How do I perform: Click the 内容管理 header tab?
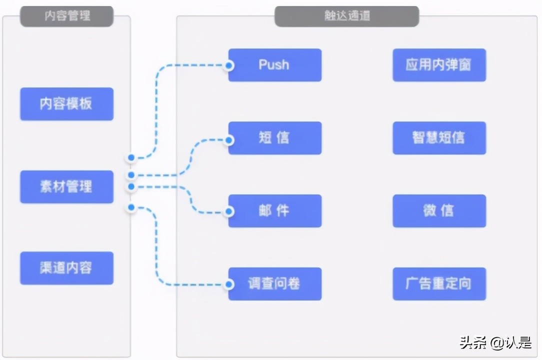tap(66, 16)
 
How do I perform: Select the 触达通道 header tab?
tap(346, 16)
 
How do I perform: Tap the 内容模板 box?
tap(66, 104)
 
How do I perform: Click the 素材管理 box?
tap(66, 186)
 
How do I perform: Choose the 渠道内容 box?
tap(66, 268)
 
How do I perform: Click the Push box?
tap(274, 65)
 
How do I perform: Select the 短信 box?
tap(274, 138)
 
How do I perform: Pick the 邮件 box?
tap(274, 211)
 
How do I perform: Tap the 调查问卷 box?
tap(274, 284)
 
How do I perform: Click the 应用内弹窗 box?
tap(439, 65)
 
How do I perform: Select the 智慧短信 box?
tap(439, 138)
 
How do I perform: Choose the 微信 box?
tap(439, 211)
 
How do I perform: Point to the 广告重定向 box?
tap(439, 284)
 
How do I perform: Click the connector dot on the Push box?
tap(229, 65)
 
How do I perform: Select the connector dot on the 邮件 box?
tap(229, 212)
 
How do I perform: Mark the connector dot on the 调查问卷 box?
tap(229, 284)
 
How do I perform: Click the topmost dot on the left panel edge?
tap(131, 157)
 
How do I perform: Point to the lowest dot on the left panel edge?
tap(131, 207)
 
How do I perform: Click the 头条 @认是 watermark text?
tap(495, 342)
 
